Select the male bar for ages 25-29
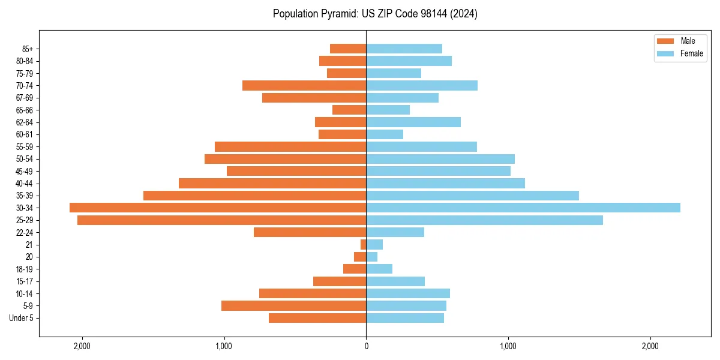(x=222, y=220)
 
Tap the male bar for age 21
(x=363, y=245)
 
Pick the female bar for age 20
(x=372, y=257)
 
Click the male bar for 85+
(x=348, y=49)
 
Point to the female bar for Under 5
(x=405, y=318)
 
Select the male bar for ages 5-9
(x=294, y=306)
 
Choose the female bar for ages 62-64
(x=413, y=122)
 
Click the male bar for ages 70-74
(x=304, y=85)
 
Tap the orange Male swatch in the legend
(x=666, y=41)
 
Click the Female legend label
(x=692, y=53)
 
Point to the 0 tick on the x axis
(x=366, y=346)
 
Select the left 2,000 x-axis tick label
(x=82, y=346)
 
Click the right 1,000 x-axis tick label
(x=508, y=346)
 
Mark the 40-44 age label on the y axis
(x=25, y=184)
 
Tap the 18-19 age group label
(x=25, y=269)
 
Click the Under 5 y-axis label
(x=22, y=318)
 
